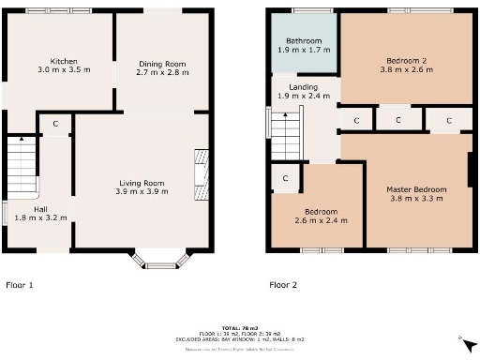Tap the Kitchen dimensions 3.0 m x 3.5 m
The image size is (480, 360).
(57, 70)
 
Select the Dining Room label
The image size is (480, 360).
(161, 64)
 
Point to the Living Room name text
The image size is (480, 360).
(142, 183)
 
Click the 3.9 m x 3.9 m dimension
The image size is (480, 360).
(142, 193)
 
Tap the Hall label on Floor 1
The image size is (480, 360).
(40, 209)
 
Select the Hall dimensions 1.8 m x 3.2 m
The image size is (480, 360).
(40, 218)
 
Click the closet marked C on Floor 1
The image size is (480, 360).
(55, 124)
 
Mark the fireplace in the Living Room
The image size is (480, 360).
(199, 173)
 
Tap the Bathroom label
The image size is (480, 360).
(304, 41)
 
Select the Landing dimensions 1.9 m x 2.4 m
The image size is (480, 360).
(303, 97)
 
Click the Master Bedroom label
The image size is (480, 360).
(416, 189)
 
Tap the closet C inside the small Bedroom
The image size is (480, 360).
(286, 177)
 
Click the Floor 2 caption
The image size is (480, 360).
(283, 284)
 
